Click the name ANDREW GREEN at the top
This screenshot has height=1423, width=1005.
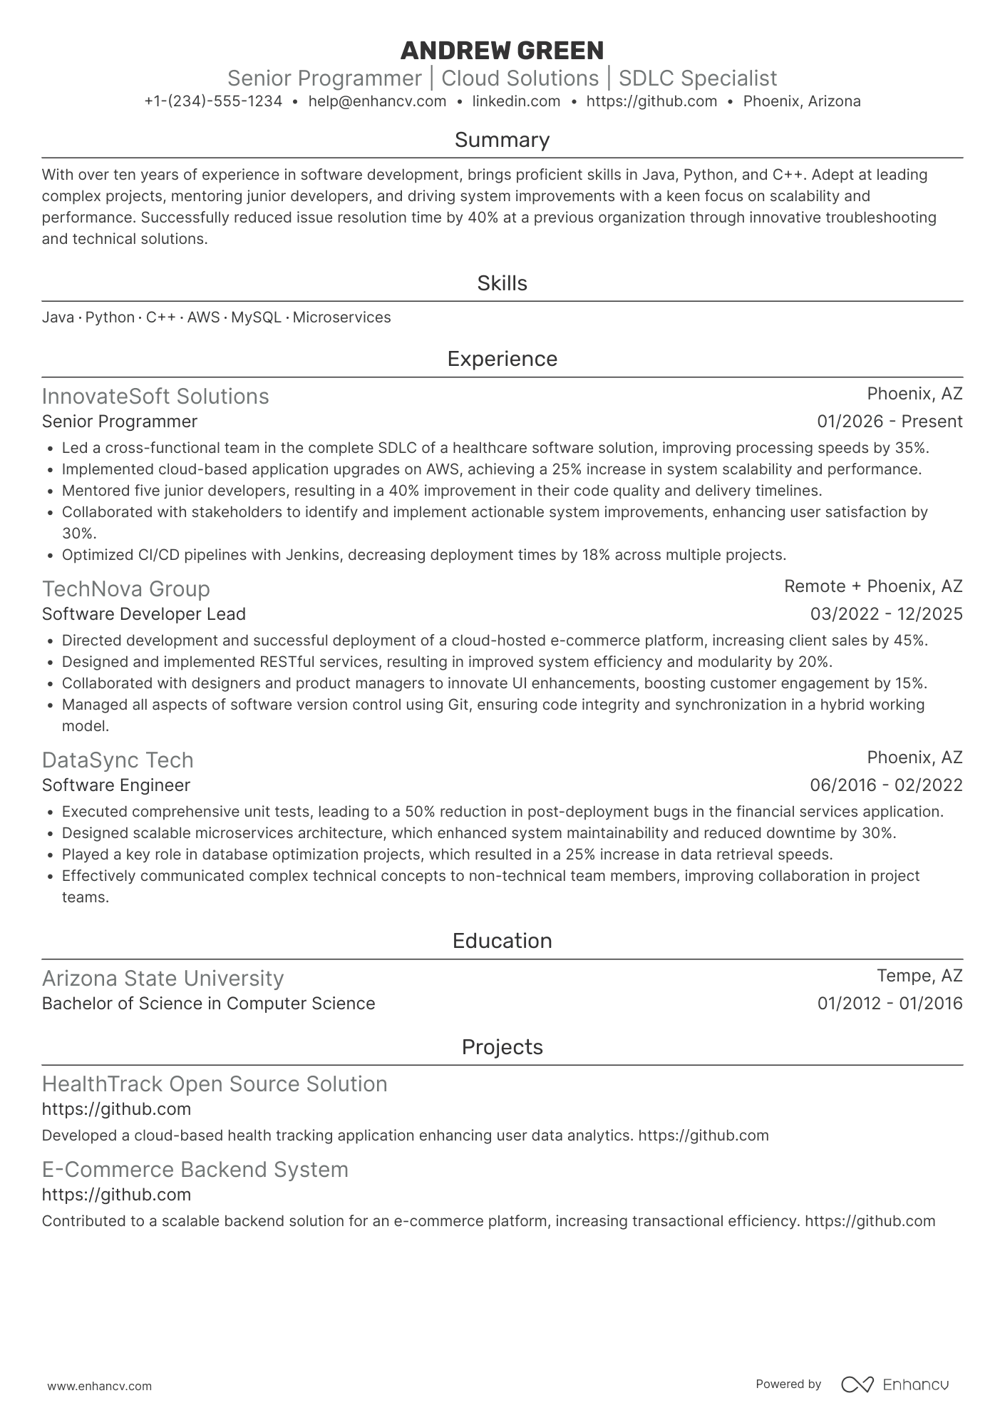(x=502, y=51)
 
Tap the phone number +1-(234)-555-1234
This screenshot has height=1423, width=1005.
(x=213, y=101)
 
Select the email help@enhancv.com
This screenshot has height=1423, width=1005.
(x=377, y=101)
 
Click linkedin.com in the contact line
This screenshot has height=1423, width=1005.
(x=516, y=101)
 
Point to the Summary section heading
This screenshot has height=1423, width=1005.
(x=502, y=140)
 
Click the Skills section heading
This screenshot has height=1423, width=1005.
(x=502, y=283)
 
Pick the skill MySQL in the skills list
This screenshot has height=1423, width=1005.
(x=256, y=317)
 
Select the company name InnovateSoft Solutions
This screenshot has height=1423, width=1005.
(x=155, y=396)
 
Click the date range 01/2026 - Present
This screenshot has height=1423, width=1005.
(x=890, y=422)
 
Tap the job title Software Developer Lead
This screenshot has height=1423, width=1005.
(x=143, y=614)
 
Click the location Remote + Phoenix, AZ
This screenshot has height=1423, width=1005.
(x=873, y=586)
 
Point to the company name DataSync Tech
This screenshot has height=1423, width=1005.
(x=118, y=760)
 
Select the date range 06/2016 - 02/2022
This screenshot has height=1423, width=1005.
(x=886, y=785)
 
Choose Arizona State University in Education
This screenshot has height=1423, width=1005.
(x=163, y=978)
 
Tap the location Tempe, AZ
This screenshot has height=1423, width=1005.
(x=919, y=976)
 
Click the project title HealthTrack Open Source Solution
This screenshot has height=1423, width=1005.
(x=215, y=1083)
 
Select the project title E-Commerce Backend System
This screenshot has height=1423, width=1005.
(x=195, y=1169)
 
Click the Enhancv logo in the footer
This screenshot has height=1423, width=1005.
(x=895, y=1384)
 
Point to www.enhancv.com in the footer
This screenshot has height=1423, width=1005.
(x=99, y=1386)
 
